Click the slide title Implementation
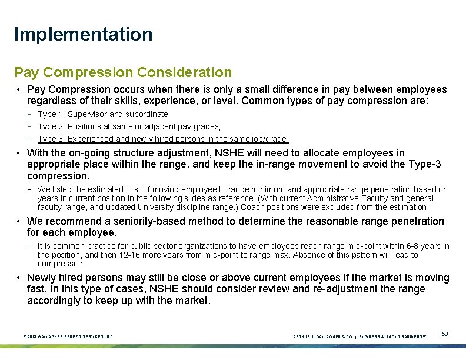coord(83,34)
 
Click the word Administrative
coord(328,198)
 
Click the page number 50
coord(445,334)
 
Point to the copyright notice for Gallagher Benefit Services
coord(68,336)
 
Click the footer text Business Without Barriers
coord(392,336)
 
